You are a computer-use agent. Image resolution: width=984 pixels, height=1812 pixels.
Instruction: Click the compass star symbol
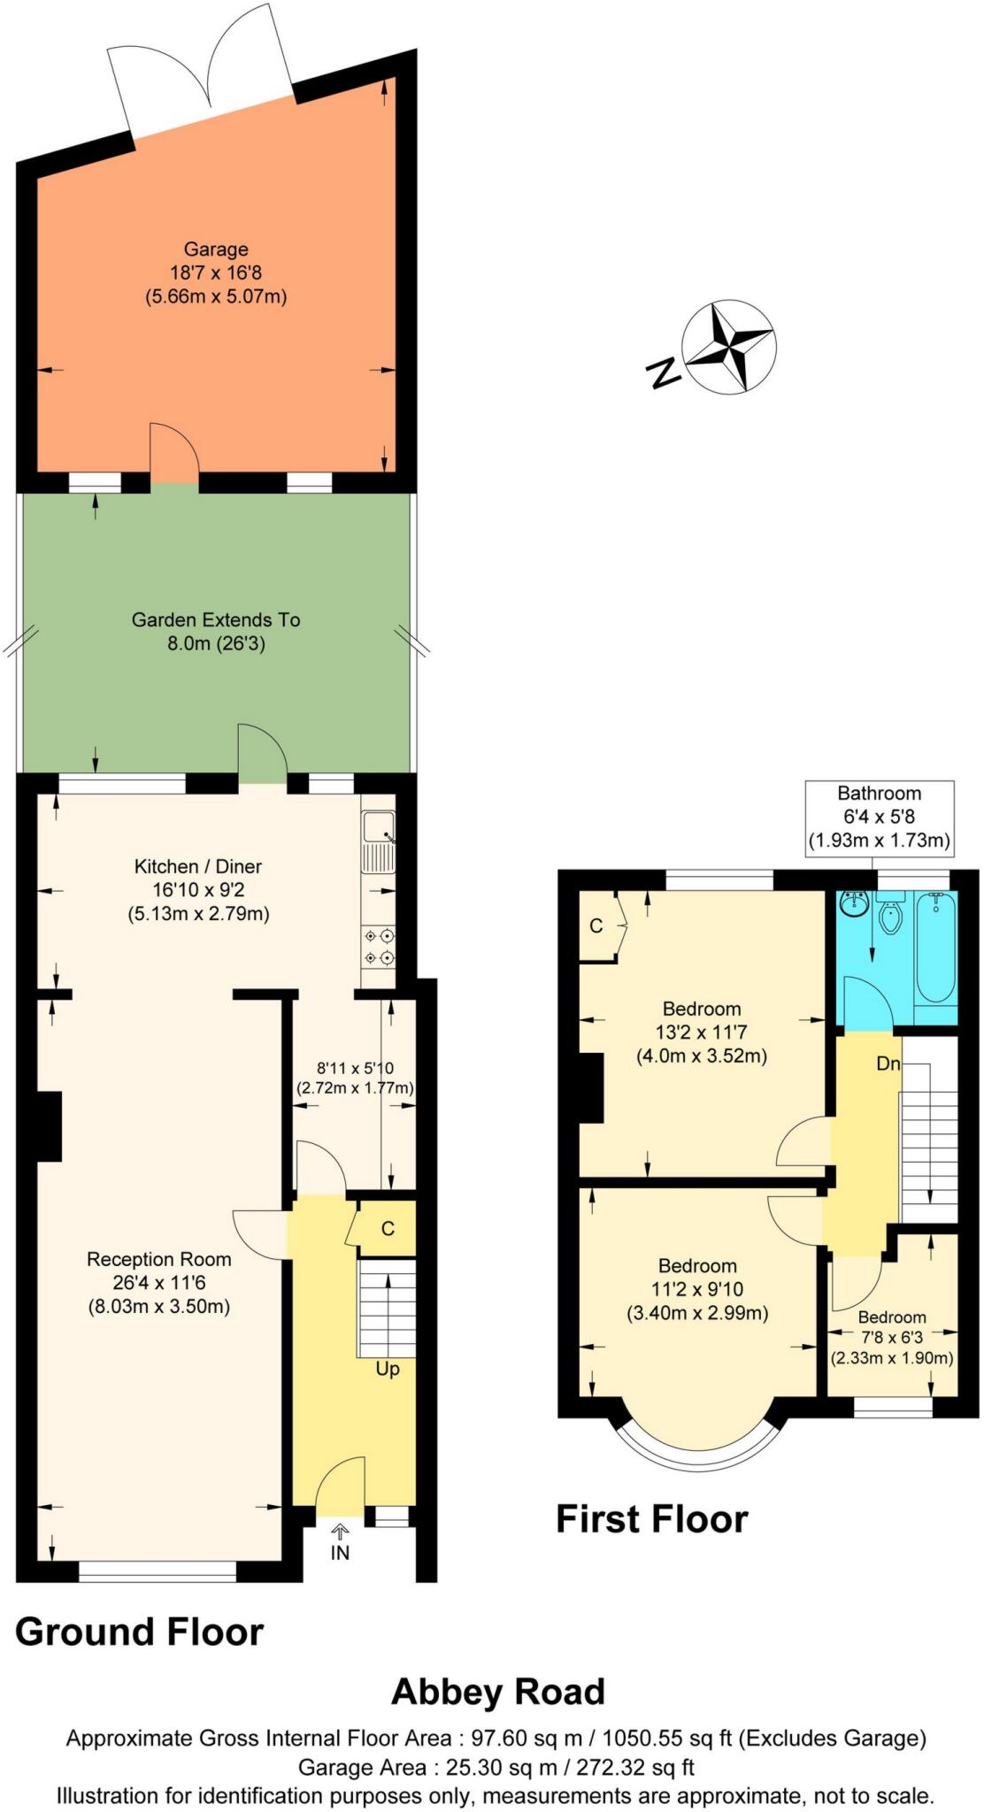pyautogui.click(x=729, y=347)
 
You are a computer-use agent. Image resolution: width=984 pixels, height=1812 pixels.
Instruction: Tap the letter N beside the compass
pyautogui.click(x=663, y=373)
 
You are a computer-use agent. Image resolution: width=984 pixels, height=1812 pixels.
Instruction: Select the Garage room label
pyautogui.click(x=216, y=250)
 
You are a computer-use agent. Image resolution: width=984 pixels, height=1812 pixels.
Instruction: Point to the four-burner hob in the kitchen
pyautogui.click(x=379, y=946)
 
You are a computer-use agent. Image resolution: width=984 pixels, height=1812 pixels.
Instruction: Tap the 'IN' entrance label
pyautogui.click(x=340, y=1553)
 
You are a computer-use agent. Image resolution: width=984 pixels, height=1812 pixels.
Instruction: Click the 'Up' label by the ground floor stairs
pyautogui.click(x=388, y=1369)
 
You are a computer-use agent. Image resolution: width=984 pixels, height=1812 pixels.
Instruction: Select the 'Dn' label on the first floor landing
pyautogui.click(x=888, y=1063)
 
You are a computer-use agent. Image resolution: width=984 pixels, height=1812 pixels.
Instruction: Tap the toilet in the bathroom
pyautogui.click(x=890, y=918)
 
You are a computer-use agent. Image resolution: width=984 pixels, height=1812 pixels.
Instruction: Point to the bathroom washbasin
pyautogui.click(x=854, y=905)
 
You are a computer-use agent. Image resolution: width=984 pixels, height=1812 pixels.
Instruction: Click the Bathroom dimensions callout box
pyautogui.click(x=879, y=817)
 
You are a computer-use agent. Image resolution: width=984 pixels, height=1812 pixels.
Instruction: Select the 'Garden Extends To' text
pyautogui.click(x=216, y=620)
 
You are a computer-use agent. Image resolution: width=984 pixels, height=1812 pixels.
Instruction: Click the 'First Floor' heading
pyautogui.click(x=651, y=1518)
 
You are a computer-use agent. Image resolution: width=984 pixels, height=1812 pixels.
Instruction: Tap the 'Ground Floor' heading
pyautogui.click(x=140, y=1632)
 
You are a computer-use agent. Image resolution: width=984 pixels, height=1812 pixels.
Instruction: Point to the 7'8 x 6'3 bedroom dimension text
pyautogui.click(x=891, y=1337)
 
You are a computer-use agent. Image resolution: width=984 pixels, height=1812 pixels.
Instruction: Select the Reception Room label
pyautogui.click(x=159, y=1259)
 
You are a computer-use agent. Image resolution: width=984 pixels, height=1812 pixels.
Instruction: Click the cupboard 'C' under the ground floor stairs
pyautogui.click(x=388, y=1229)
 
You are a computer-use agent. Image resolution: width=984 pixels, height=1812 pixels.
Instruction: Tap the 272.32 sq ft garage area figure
pyautogui.click(x=634, y=1767)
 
